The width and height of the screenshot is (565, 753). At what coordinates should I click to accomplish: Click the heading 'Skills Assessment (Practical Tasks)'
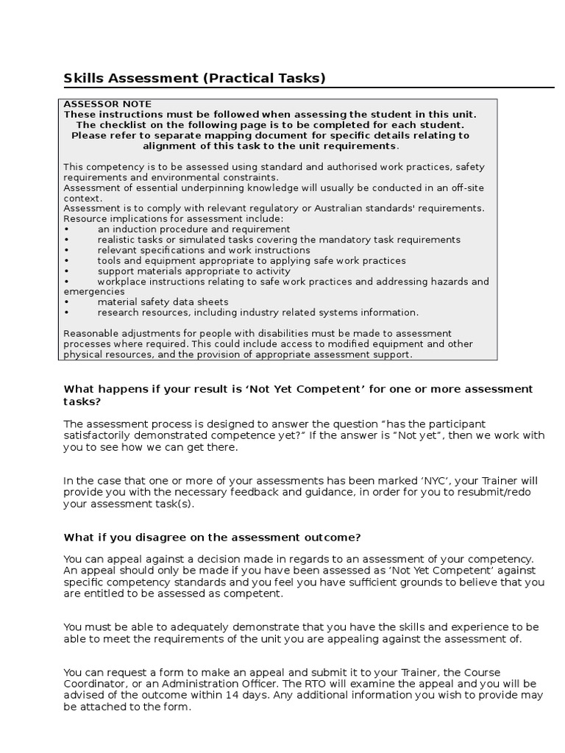pyautogui.click(x=194, y=78)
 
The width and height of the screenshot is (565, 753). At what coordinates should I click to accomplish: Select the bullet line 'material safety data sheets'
pyautogui.click(x=163, y=301)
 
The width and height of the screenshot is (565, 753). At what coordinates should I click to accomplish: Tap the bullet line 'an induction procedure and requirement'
pyautogui.click(x=193, y=229)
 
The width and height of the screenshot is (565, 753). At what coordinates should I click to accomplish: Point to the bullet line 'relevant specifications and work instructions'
pyautogui.click(x=203, y=250)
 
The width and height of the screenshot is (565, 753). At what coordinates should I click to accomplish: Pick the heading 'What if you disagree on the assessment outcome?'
pyautogui.click(x=213, y=537)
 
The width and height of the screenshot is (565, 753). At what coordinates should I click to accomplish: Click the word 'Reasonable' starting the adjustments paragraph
pyautogui.click(x=90, y=333)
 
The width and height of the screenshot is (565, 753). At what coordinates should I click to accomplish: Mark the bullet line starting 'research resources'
pyautogui.click(x=257, y=312)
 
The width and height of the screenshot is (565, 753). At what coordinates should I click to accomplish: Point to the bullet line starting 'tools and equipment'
pyautogui.click(x=251, y=260)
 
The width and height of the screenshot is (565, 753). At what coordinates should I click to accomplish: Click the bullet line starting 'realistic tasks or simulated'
pyautogui.click(x=279, y=240)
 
